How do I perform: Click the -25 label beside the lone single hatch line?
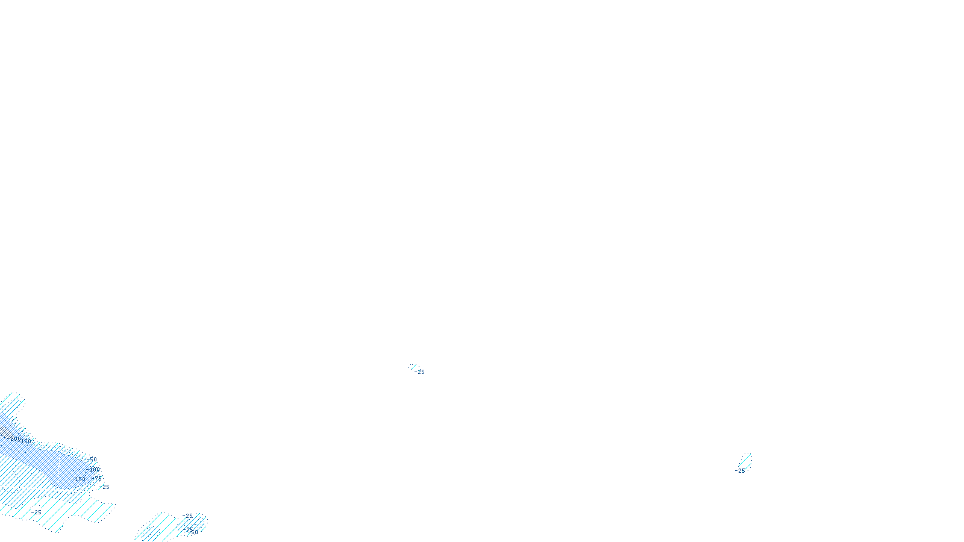pyautogui.click(x=420, y=372)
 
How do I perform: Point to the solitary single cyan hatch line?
pyautogui.click(x=413, y=366)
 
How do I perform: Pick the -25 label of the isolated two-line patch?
pyautogui.click(x=740, y=471)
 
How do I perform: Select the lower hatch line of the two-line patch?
pyautogui.click(x=746, y=466)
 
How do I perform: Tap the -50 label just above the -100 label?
pyautogui.click(x=91, y=459)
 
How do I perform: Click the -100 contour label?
pyautogui.click(x=94, y=469)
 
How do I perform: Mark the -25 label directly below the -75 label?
pyautogui.click(x=104, y=487)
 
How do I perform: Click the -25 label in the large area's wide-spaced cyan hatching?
pyautogui.click(x=36, y=512)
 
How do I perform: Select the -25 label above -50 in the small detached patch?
pyautogui.click(x=187, y=516)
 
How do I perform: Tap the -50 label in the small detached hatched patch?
pyautogui.click(x=192, y=531)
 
